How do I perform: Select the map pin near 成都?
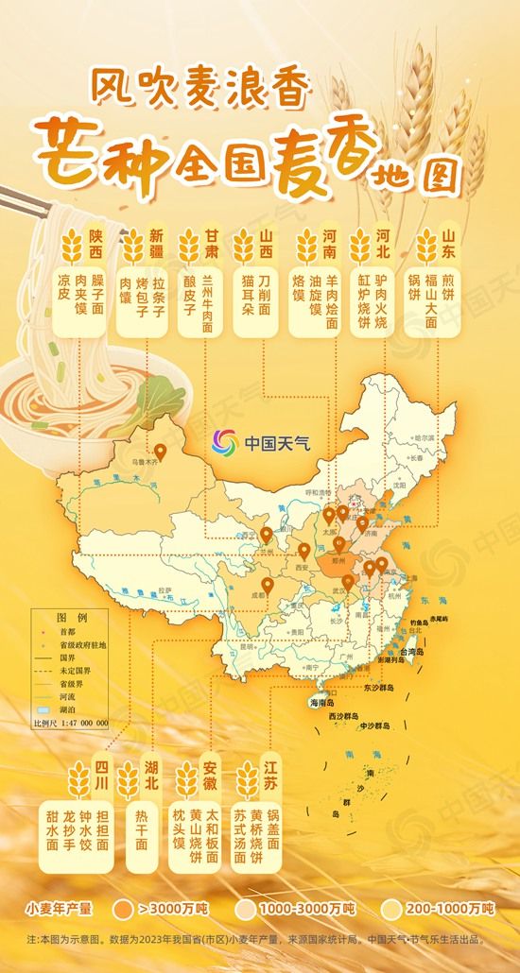[268, 586]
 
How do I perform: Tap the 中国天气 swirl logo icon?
[224, 441]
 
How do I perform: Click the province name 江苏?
[272, 774]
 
